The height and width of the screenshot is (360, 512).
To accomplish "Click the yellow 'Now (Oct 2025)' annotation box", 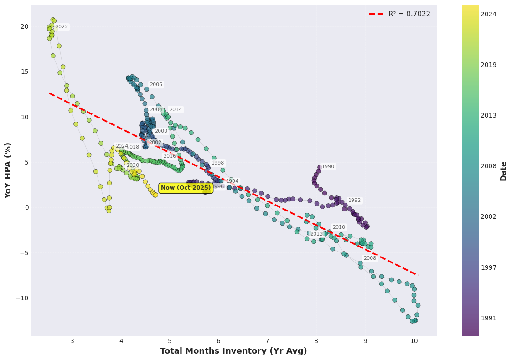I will coord(186,188).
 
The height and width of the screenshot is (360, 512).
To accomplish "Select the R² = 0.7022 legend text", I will coord(409,14).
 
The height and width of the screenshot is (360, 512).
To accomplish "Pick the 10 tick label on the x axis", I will coord(414,341).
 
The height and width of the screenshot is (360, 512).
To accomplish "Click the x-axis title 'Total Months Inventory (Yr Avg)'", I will coord(233,351).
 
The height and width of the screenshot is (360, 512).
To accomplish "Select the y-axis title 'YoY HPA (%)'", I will coord(8,170).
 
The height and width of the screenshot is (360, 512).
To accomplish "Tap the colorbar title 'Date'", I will coord(503,171).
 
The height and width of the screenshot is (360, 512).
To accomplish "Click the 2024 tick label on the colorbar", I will coord(488,15).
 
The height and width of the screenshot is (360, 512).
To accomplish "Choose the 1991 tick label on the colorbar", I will coord(488,318).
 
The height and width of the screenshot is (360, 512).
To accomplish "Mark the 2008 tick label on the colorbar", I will coord(488,166).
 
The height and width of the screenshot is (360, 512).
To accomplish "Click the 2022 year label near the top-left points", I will coord(62,27).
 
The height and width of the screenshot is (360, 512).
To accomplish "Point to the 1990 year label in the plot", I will coord(328,167).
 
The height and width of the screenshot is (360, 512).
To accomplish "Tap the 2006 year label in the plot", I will coord(156,85).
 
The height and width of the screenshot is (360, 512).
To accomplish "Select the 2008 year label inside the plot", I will coord(370,258).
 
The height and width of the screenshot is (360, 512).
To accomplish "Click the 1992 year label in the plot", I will coord(354,201).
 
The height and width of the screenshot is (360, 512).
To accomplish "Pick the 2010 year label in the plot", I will coord(339,227).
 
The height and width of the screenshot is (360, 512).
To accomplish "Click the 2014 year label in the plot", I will coord(176,110).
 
